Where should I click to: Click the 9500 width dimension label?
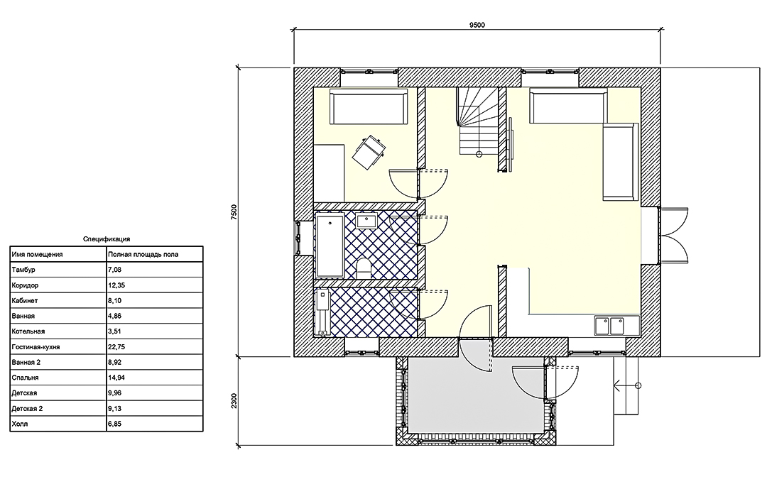[x=477, y=26]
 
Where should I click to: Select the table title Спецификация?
[x=107, y=239]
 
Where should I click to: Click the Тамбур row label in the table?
[x=23, y=270]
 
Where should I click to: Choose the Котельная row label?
[x=28, y=331]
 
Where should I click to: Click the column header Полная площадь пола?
[x=143, y=254]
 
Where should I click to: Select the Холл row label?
[x=20, y=424]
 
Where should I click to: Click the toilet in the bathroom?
[x=364, y=268]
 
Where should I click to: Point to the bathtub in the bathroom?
[x=330, y=246]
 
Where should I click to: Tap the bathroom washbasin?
[x=366, y=221]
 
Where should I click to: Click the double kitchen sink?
[x=610, y=325]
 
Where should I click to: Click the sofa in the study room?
[x=369, y=106]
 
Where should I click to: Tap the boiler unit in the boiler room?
[x=323, y=312]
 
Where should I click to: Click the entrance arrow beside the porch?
[x=628, y=386]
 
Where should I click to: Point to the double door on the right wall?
[x=673, y=236]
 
